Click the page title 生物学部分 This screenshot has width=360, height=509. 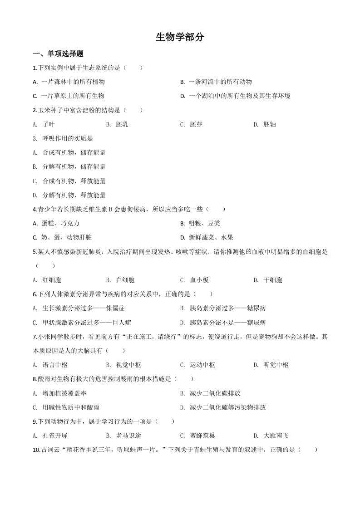tap(180, 38)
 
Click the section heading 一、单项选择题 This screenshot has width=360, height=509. tap(58, 54)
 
